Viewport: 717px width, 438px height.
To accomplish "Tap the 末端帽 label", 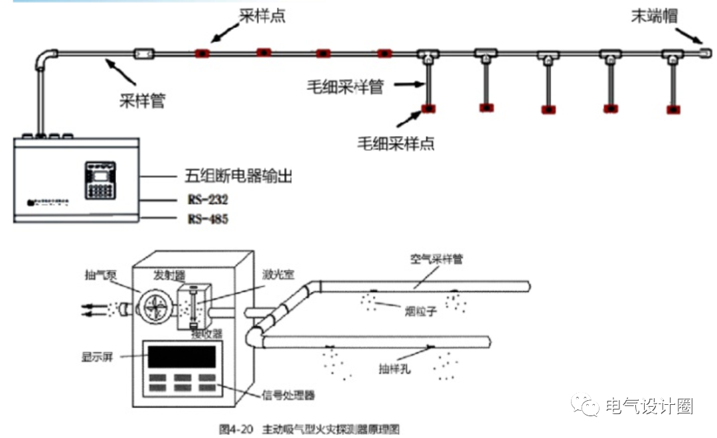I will click(x=654, y=16).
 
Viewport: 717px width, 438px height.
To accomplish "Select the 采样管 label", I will click(x=142, y=100).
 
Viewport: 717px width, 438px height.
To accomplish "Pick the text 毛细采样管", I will click(x=345, y=87).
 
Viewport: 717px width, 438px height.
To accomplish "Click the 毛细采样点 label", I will click(x=396, y=142).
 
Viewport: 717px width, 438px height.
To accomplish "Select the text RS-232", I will click(x=206, y=198).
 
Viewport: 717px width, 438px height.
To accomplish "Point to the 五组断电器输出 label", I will click(x=238, y=177).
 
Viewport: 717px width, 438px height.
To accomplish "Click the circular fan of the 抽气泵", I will click(x=155, y=309).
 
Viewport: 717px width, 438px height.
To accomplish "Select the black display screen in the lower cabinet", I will click(x=181, y=357).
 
